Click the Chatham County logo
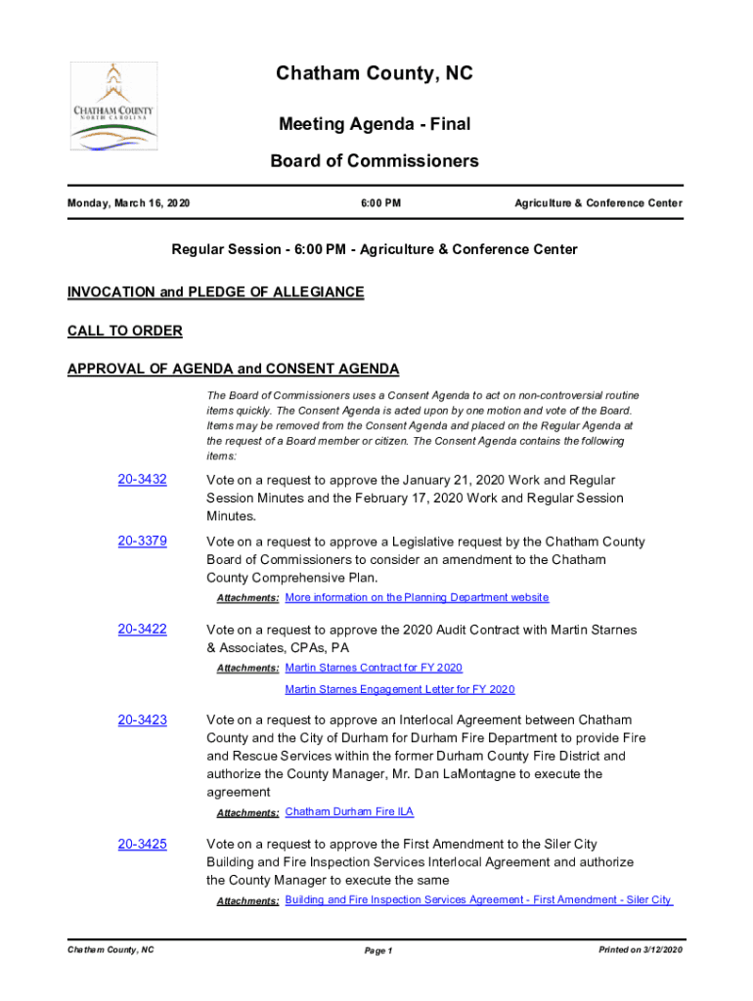pyautogui.click(x=113, y=107)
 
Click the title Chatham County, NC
pyautogui.click(x=375, y=74)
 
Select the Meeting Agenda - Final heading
pyautogui.click(x=375, y=124)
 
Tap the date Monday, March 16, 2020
pyautogui.click(x=128, y=203)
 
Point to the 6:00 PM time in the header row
pyautogui.click(x=380, y=203)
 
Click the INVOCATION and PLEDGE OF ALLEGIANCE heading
pyautogui.click(x=215, y=292)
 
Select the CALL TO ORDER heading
pyautogui.click(x=124, y=331)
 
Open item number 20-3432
pyautogui.click(x=142, y=480)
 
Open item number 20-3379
pyautogui.click(x=142, y=542)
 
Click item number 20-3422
pyautogui.click(x=142, y=630)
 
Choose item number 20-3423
pyautogui.click(x=142, y=720)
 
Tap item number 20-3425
pyautogui.click(x=142, y=845)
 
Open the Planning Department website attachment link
pyautogui.click(x=417, y=597)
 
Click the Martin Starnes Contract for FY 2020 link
pyautogui.click(x=374, y=668)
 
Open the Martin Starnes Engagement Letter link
pyautogui.click(x=399, y=689)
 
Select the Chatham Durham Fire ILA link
pyautogui.click(x=349, y=812)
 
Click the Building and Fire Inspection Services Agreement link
pyautogui.click(x=478, y=899)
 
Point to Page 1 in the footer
pyautogui.click(x=377, y=951)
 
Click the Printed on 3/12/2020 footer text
pyautogui.click(x=640, y=950)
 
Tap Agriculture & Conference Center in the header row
pyautogui.click(x=598, y=203)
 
